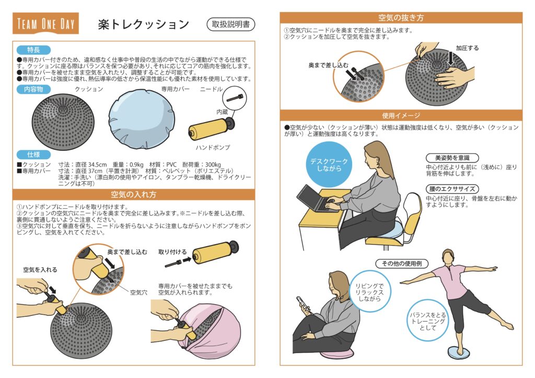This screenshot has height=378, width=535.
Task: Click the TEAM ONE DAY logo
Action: (x=46, y=23)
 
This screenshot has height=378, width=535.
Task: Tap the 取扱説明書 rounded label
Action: (x=231, y=24)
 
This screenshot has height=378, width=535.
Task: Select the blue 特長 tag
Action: (x=33, y=50)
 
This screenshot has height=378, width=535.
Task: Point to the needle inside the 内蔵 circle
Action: (x=235, y=98)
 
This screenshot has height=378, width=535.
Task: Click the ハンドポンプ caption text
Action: (x=213, y=147)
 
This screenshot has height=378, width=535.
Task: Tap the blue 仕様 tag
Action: (x=33, y=155)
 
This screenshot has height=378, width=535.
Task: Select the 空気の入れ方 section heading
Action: (x=133, y=194)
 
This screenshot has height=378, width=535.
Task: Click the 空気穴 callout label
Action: (x=138, y=292)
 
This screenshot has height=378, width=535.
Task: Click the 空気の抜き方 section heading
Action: (x=401, y=17)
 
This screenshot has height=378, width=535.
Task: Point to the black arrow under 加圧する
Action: (x=451, y=58)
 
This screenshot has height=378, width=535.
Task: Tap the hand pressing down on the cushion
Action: (x=455, y=77)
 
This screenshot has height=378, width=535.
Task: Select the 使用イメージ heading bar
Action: (x=401, y=115)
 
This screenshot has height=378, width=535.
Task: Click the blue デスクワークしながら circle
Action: (x=329, y=164)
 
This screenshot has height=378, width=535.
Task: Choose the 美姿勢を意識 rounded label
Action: (x=452, y=158)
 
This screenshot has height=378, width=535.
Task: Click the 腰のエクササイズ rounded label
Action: (x=452, y=189)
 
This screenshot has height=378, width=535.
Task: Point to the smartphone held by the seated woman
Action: (x=303, y=304)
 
